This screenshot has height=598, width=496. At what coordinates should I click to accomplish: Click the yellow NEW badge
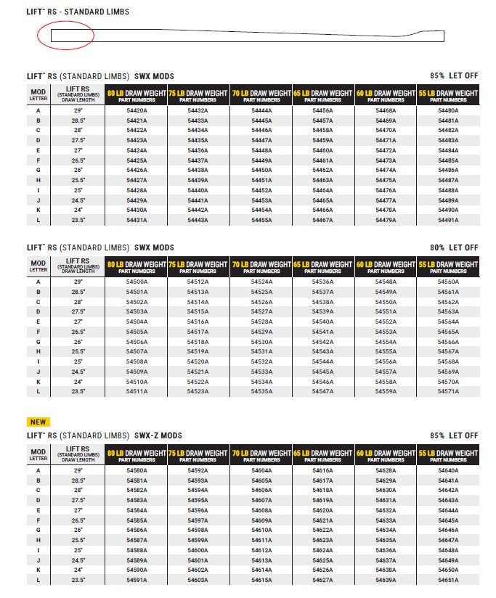38,422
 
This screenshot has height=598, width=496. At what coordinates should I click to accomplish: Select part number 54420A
137,110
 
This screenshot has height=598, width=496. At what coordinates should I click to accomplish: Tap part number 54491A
448,220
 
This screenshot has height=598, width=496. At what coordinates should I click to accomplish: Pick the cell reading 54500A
137,282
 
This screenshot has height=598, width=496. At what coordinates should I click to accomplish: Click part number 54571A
448,391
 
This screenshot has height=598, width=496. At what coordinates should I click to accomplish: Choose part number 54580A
137,470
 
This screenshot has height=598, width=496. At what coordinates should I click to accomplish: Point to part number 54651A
448,580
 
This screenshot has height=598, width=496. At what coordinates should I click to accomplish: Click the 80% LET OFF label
454,247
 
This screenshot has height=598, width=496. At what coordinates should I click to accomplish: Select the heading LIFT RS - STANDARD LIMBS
78,12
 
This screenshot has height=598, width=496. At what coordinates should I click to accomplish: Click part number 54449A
261,160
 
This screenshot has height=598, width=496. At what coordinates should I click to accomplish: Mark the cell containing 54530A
261,341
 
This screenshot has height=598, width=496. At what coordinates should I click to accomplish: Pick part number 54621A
322,520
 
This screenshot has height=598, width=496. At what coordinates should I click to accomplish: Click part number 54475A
386,180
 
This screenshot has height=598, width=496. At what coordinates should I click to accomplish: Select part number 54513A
198,292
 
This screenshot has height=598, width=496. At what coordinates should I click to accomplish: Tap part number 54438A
198,170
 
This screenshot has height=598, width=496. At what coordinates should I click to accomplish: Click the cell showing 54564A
448,321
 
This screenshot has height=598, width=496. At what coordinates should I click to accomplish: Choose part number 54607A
261,500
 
